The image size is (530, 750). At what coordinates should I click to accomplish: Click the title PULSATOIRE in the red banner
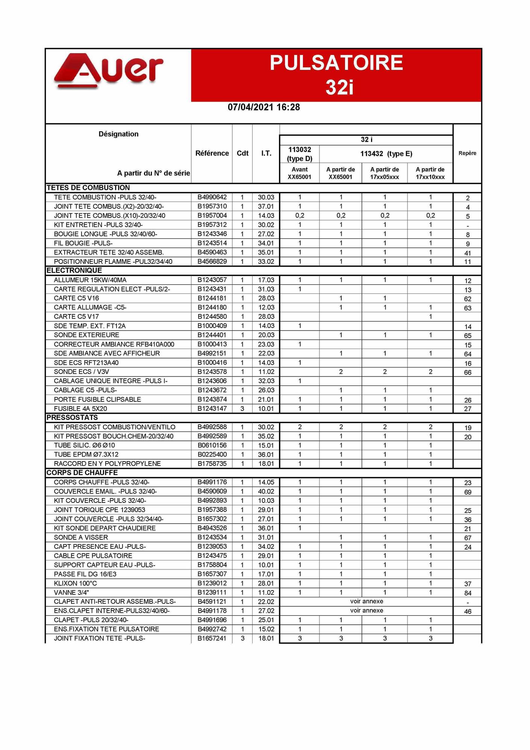pyautogui.click(x=336, y=63)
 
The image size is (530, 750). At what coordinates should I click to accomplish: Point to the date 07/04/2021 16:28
pyautogui.click(x=264, y=107)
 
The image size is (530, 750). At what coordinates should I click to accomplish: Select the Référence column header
pyautogui.click(x=212, y=153)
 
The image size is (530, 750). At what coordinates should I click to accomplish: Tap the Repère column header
pyautogui.click(x=467, y=153)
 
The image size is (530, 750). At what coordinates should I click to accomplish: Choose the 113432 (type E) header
pyautogui.click(x=386, y=153)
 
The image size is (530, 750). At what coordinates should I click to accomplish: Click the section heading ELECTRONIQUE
pyautogui.click(x=74, y=270)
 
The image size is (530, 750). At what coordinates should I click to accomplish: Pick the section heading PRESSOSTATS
pyautogui.click(x=72, y=418)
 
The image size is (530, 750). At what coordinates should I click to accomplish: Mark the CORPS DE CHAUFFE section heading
pyautogui.click(x=82, y=473)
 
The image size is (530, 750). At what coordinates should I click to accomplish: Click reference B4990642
pyautogui.click(x=212, y=197)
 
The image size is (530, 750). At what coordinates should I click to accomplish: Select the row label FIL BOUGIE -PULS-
pyautogui.click(x=83, y=243)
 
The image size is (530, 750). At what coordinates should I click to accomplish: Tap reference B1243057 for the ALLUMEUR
pyautogui.click(x=212, y=280)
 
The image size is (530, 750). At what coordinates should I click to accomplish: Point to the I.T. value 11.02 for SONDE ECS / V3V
pyautogui.click(x=266, y=372)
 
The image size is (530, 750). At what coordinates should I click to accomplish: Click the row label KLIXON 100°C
pyautogui.click(x=75, y=583)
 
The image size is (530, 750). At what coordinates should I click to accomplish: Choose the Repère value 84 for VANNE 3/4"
pyautogui.click(x=468, y=593)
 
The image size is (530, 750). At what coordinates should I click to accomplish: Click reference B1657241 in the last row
pyautogui.click(x=212, y=638)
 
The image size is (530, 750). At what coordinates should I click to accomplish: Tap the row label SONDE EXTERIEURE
pyautogui.click(x=86, y=335)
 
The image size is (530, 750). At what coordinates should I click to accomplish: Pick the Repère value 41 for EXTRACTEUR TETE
pyautogui.click(x=468, y=253)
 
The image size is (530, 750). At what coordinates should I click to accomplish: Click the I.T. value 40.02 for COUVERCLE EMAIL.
pyautogui.click(x=266, y=491)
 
